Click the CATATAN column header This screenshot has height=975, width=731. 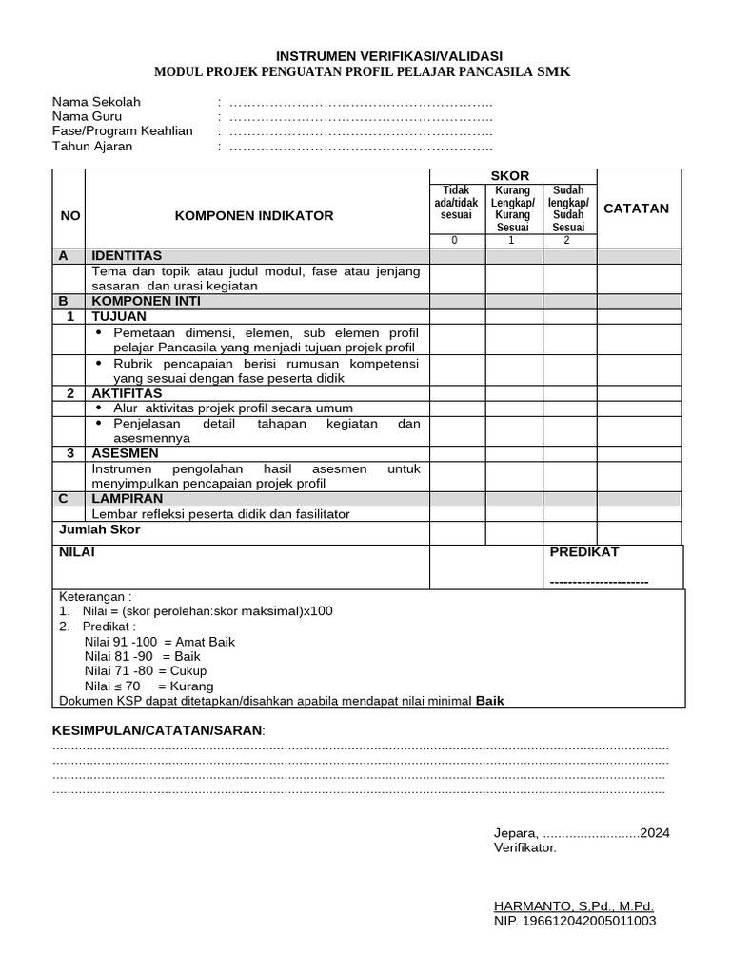coord(637,209)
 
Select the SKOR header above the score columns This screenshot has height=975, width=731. coord(509,176)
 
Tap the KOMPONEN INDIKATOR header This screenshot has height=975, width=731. coord(254,216)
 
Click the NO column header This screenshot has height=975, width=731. coord(69,216)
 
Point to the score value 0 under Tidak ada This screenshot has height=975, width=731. coord(454,240)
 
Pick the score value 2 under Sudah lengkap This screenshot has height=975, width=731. coord(567,240)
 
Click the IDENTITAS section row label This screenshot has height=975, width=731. coord(127,256)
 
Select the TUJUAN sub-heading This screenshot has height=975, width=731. coord(119,316)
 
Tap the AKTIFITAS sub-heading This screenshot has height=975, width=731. coord(127,393)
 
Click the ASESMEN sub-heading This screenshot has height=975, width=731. coord(125,453)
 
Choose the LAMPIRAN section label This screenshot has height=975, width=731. coord(127,498)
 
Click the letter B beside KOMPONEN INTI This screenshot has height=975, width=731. coord(64,301)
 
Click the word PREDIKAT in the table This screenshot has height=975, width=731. coord(584,552)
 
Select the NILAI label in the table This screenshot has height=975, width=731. coord(76,552)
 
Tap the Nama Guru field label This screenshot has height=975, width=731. coord(87,116)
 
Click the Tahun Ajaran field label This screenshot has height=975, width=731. coord(92,147)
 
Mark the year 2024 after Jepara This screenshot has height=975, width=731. coord(655,832)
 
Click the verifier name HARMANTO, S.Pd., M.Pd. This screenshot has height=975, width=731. coord(574,906)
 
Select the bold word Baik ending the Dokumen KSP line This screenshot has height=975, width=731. coord(490,701)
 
